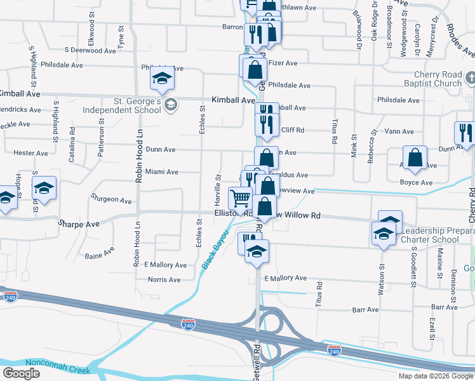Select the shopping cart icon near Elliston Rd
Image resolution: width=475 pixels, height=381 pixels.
(240, 199)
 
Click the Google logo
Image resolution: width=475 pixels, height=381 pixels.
(21, 373)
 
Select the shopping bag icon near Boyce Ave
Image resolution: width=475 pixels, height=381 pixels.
(415, 159)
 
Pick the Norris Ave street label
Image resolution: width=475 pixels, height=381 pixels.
(164, 279)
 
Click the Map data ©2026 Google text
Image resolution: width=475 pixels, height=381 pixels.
(435, 376)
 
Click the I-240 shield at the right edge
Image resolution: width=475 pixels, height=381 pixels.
(335, 351)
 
